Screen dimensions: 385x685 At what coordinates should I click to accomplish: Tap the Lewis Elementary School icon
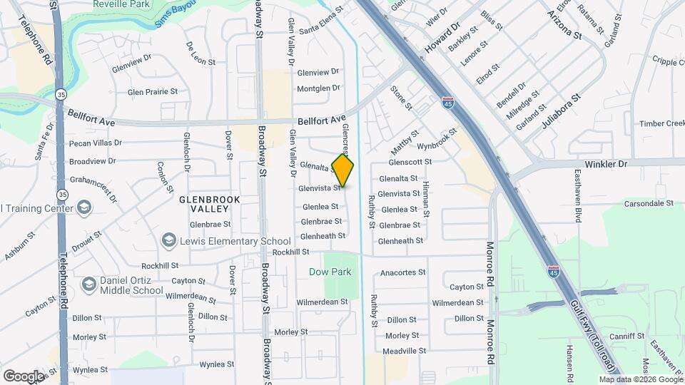tap(169, 240)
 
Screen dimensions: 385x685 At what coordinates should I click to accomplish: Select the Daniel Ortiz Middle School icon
tap(89, 284)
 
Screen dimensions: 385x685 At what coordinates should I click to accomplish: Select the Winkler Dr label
tap(607, 163)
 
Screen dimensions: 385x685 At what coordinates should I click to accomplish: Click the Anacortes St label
tap(403, 272)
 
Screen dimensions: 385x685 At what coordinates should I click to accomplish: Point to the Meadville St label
tap(404, 351)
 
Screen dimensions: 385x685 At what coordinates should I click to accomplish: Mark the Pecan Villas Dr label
tap(96, 143)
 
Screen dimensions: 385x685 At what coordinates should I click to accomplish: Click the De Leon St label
tap(201, 53)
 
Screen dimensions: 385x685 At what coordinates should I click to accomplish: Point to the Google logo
tap(24, 376)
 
